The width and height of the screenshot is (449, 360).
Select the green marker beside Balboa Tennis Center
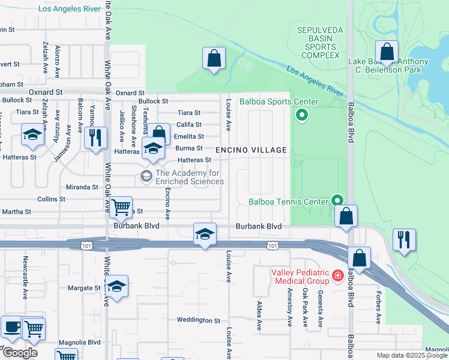click(338, 201)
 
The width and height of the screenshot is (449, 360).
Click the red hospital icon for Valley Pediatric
click(338, 276)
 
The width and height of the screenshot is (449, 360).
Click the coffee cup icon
click(11, 328)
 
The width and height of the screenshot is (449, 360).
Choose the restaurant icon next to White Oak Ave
click(95, 137)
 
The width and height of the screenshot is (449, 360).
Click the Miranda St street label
click(82, 187)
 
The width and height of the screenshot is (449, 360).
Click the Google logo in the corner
click(20, 352)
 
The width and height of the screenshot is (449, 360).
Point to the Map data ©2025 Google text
click(412, 355)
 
